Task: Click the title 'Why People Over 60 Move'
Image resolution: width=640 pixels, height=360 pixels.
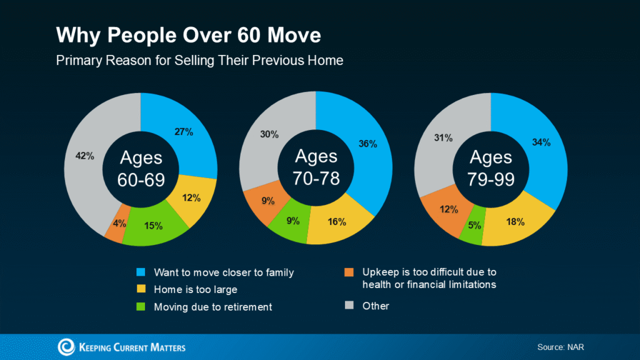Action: point(188,35)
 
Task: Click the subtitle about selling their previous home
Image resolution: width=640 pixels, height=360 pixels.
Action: point(199,61)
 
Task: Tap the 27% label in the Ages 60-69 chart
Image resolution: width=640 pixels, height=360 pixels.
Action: point(184,132)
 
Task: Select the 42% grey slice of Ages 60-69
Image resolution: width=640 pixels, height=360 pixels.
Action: point(85,156)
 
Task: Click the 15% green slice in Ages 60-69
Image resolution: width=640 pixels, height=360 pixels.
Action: point(153,225)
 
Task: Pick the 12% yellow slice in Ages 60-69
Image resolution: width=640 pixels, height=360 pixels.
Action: point(192,198)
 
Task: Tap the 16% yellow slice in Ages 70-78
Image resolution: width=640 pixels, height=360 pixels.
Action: point(336,222)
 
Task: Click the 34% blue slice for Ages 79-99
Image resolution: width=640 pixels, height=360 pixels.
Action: point(542,142)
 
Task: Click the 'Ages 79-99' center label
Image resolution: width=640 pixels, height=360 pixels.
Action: point(491,167)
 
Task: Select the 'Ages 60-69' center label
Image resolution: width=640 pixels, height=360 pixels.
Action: point(141,167)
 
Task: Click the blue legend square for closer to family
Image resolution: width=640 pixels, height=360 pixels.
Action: point(141,272)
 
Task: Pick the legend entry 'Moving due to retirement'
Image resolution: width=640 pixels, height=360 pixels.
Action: point(212,307)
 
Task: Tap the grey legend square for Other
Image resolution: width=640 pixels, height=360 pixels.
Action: point(349,306)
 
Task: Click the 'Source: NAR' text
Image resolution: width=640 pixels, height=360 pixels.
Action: point(561,347)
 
